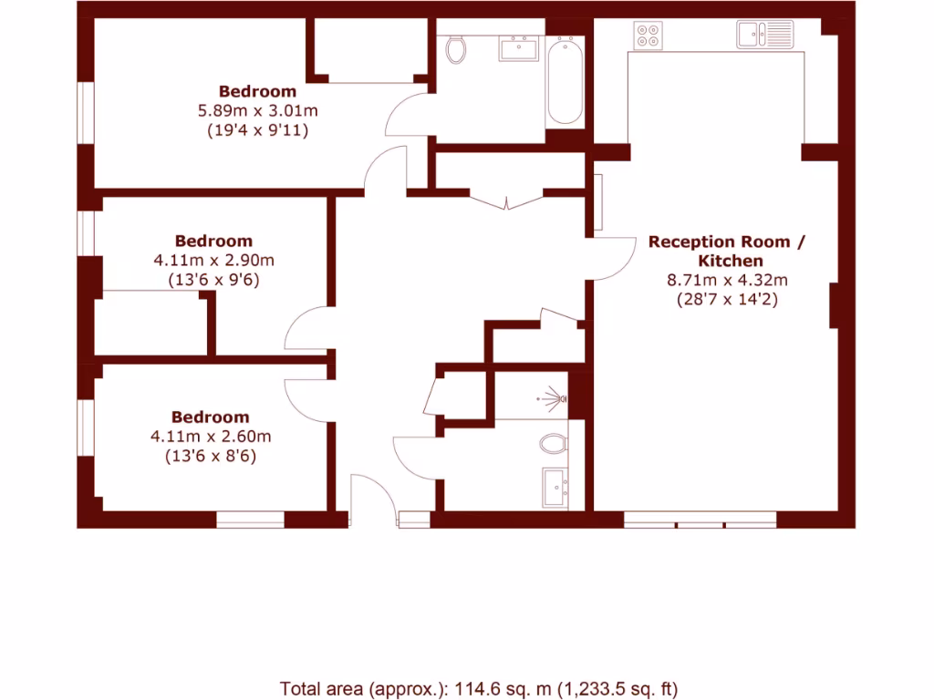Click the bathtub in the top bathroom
point(564,80)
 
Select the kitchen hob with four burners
point(649,35)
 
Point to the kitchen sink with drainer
point(765,35)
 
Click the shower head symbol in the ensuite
point(554,398)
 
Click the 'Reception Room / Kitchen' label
point(727,252)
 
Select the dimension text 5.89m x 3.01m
point(257,111)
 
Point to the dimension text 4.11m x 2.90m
point(213,261)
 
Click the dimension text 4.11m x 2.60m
point(211,437)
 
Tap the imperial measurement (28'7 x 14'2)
point(727,299)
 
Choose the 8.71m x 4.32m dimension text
point(727,281)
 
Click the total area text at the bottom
point(479,689)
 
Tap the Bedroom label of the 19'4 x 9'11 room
point(257,91)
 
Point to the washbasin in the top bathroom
point(518,47)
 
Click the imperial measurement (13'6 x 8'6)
point(211,456)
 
